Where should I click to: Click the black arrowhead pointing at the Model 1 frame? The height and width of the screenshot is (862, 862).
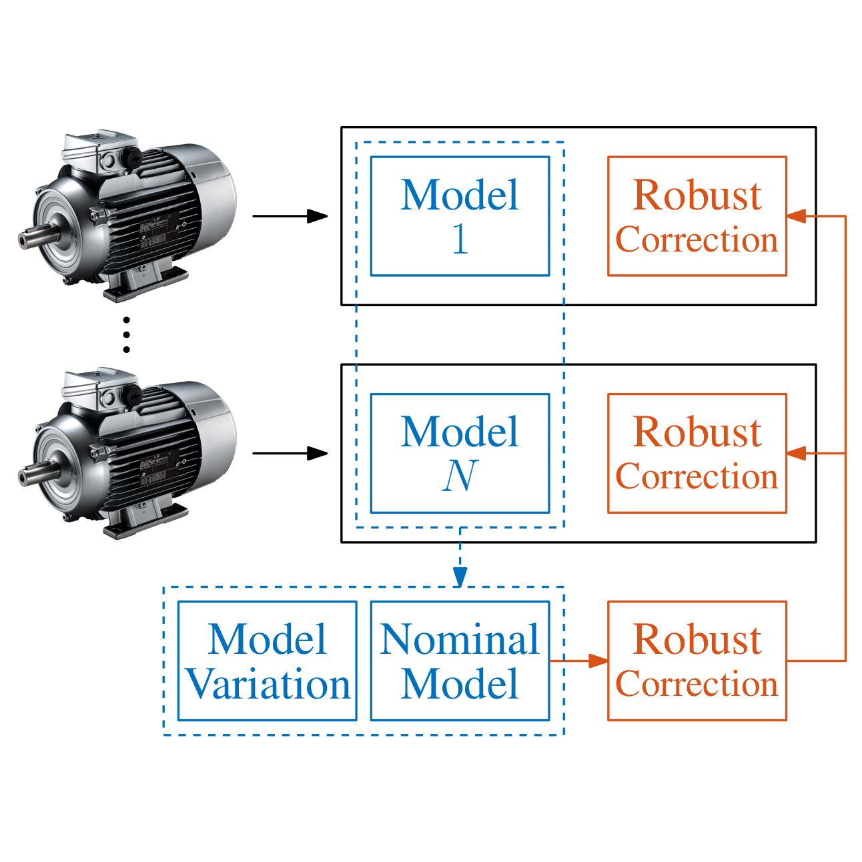click(x=317, y=216)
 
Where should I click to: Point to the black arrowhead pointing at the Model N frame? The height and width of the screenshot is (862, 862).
click(x=317, y=453)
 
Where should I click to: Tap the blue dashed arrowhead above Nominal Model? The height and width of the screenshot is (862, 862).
click(x=460, y=577)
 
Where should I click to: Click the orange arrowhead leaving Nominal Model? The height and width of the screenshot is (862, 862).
click(x=598, y=661)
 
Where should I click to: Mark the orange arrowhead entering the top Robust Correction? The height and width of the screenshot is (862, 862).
click(x=796, y=216)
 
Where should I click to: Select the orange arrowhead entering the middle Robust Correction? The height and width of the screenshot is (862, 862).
click(x=796, y=453)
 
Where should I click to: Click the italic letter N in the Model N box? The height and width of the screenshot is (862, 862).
click(x=460, y=475)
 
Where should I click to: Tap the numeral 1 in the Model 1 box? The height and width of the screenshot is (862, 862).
click(x=460, y=238)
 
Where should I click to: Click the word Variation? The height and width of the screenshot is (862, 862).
click(x=268, y=684)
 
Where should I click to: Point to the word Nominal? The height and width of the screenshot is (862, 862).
click(x=460, y=639)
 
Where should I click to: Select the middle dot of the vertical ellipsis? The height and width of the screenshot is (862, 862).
click(x=127, y=335)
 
